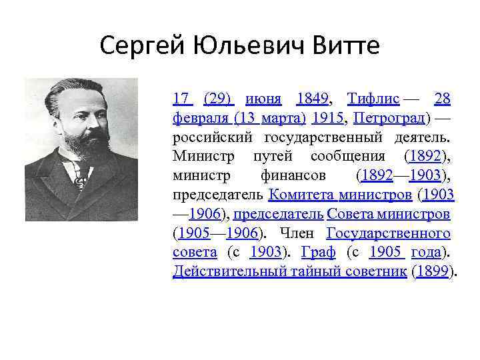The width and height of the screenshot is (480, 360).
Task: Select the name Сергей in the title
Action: pyautogui.click(x=143, y=47)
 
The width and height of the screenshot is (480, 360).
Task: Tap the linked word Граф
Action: pyautogui.click(x=319, y=253)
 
